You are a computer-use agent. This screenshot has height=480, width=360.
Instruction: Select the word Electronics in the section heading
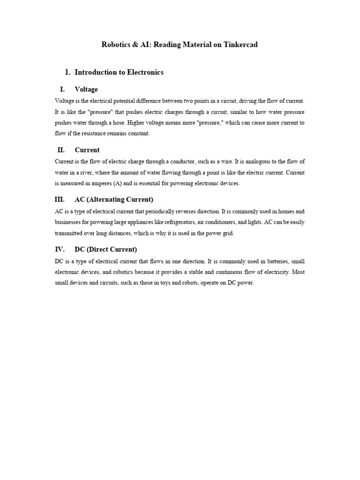(142, 72)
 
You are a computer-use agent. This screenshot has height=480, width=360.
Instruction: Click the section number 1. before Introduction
(67, 72)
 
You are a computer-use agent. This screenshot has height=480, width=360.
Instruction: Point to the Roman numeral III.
(60, 199)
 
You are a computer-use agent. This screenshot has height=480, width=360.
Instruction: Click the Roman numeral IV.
(60, 249)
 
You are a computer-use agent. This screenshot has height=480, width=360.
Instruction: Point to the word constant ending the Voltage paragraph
(138, 134)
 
